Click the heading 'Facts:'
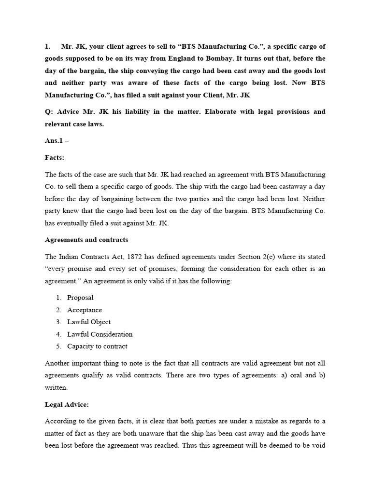pos(55,157)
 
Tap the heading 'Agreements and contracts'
pos(86,239)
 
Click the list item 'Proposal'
pos(80,298)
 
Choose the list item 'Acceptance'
pos(85,310)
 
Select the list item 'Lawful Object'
pos(89,322)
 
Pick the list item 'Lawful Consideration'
pos(100,334)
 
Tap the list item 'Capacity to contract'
pos(97,346)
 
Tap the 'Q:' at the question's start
pos(49,111)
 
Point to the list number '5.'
pos(58,346)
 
